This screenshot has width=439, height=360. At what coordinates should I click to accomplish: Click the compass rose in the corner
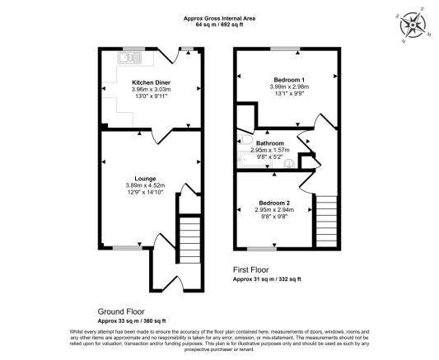(x=414, y=25)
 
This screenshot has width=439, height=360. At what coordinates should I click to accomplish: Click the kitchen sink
(x=130, y=58)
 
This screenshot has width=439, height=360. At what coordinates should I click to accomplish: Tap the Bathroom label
(x=271, y=143)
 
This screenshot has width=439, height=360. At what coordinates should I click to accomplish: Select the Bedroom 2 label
(x=273, y=203)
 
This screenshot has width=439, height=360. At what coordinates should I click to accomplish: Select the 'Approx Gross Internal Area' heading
(x=218, y=16)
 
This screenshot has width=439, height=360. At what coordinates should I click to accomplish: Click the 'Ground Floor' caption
(x=121, y=312)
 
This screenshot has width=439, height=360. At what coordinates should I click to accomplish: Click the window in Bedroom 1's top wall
(x=286, y=49)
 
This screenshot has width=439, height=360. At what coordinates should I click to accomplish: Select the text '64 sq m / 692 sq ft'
(x=218, y=25)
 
